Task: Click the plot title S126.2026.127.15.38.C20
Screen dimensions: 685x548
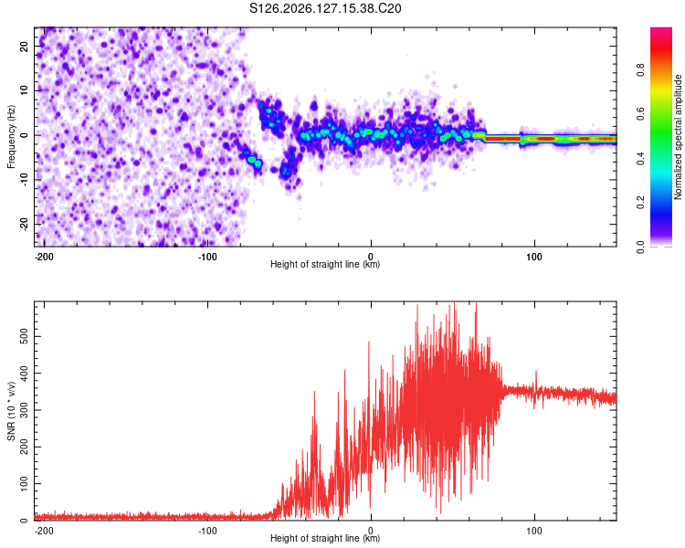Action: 325,8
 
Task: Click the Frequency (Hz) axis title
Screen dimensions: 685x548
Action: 11,137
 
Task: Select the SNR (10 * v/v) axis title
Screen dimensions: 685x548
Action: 11,411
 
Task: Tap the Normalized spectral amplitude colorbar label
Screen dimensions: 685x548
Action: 678,137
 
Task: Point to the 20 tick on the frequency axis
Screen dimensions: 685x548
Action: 24,46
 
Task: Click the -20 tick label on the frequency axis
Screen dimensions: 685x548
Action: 24,225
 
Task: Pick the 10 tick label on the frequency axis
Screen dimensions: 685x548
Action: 24,90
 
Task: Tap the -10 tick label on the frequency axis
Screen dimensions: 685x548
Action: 24,180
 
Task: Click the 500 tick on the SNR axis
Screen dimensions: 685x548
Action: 24,336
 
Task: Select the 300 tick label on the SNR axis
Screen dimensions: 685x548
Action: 24,410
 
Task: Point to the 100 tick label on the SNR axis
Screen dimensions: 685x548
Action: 24,483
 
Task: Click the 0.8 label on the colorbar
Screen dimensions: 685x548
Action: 640,70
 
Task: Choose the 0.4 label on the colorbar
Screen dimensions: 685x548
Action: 640,159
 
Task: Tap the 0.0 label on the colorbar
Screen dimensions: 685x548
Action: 640,248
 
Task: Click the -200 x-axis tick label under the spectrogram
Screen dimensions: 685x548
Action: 44,257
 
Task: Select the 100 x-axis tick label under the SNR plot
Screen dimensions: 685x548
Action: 534,531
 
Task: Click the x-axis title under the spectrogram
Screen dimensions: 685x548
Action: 325,264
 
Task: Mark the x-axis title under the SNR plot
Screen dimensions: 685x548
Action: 325,538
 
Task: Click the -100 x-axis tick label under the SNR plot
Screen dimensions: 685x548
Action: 207,531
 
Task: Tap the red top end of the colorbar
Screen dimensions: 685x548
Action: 661,29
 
